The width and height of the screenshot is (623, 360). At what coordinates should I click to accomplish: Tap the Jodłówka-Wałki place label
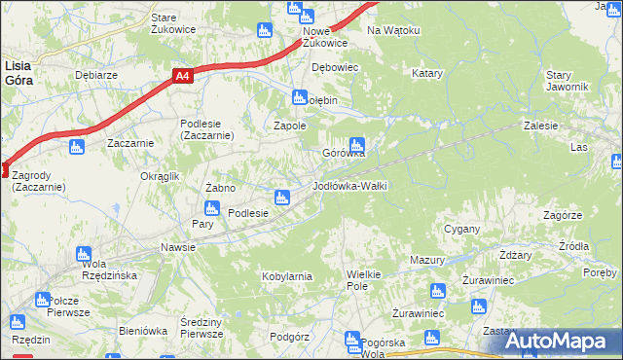[x=350, y=185]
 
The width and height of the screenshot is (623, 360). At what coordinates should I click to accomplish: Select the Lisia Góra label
[x=18, y=73]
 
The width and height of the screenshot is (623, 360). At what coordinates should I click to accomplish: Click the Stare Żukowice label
[x=173, y=23]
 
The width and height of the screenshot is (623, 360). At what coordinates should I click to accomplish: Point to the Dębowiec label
[x=336, y=67]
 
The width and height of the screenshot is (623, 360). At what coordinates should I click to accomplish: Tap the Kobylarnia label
[x=286, y=276]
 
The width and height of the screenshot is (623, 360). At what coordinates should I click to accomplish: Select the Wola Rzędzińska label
[x=94, y=270]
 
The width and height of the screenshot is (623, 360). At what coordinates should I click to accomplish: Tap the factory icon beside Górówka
[x=358, y=144]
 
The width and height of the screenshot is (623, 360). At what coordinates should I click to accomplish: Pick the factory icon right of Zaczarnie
[x=78, y=147]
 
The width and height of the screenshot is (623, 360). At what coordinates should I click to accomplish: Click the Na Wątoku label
[x=393, y=30]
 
